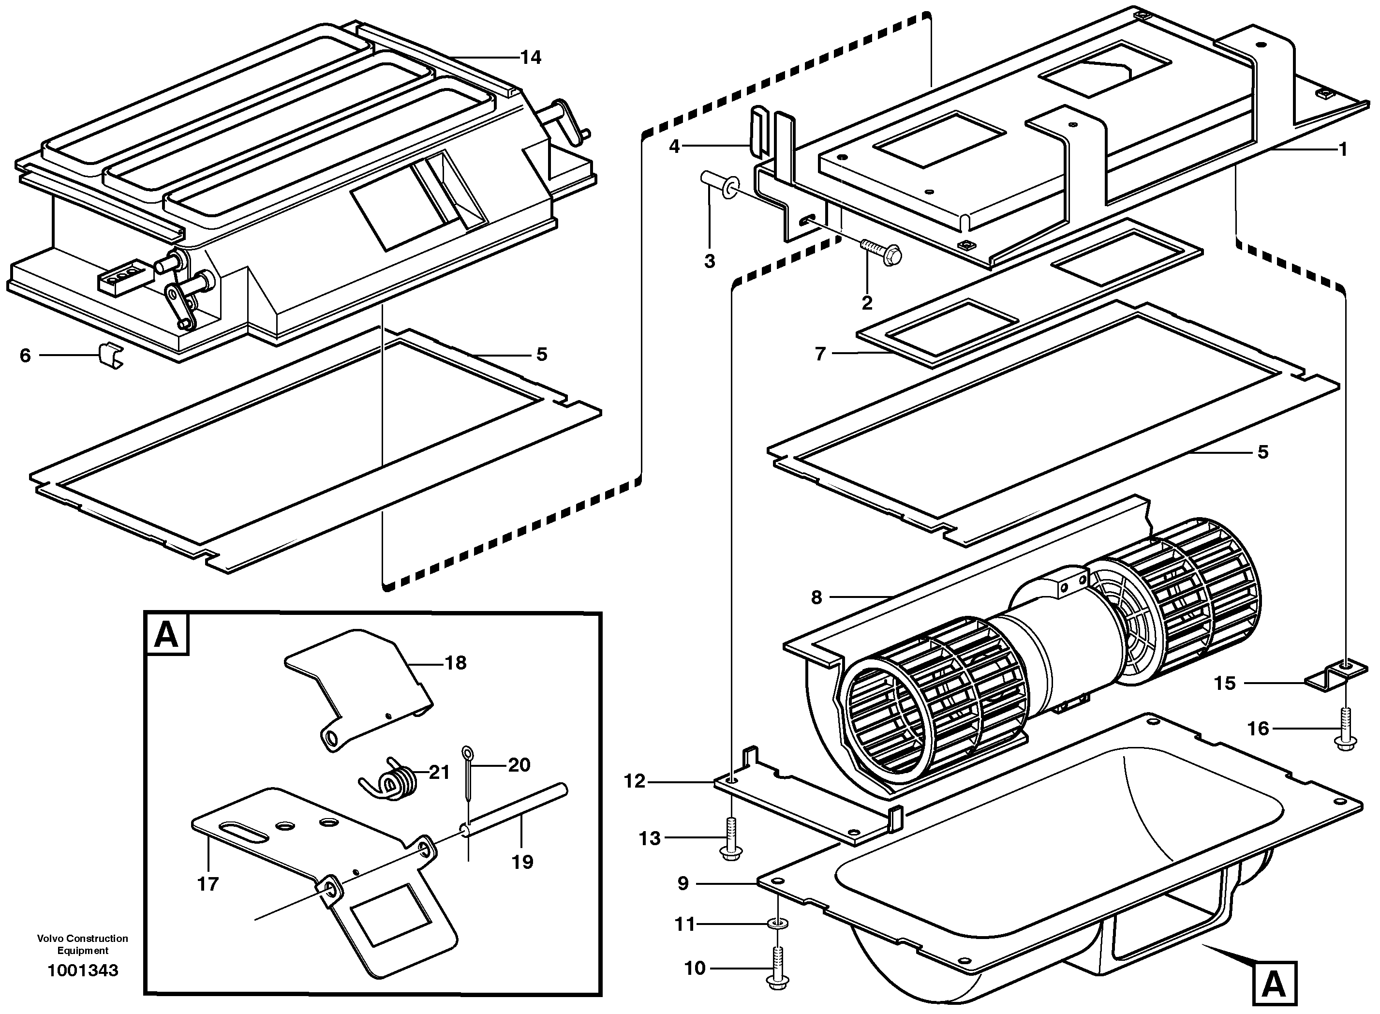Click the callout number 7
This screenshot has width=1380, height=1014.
pyautogui.click(x=820, y=354)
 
